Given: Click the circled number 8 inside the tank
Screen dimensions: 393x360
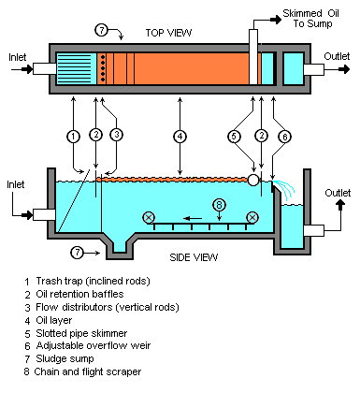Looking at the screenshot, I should click(219, 204).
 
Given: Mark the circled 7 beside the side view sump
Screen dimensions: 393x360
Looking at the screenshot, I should click(79, 252).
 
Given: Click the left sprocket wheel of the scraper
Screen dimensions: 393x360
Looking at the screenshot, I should click(148, 217).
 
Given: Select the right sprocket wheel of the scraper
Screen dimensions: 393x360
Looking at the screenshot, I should click(252, 217).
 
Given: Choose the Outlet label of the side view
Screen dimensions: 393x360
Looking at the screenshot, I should click(337, 193).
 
